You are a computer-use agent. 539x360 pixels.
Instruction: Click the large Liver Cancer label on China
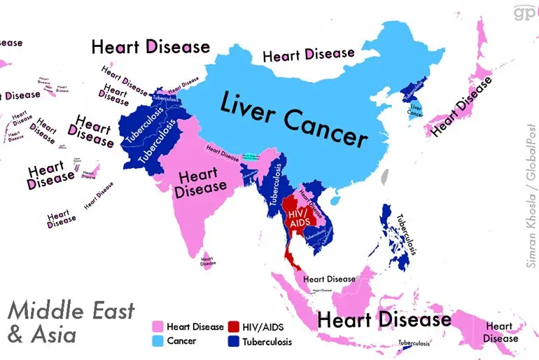[294, 118]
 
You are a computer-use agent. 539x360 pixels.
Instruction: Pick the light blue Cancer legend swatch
[158, 341]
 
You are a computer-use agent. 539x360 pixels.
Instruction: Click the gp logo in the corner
[521, 12]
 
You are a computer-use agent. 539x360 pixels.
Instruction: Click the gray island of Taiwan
[383, 179]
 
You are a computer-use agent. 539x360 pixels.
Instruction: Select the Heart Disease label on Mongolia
[308, 54]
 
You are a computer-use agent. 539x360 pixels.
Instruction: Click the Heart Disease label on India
[201, 180]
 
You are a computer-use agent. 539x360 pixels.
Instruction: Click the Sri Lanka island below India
[207, 261]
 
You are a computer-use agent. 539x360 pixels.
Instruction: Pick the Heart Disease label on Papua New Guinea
[499, 332]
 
